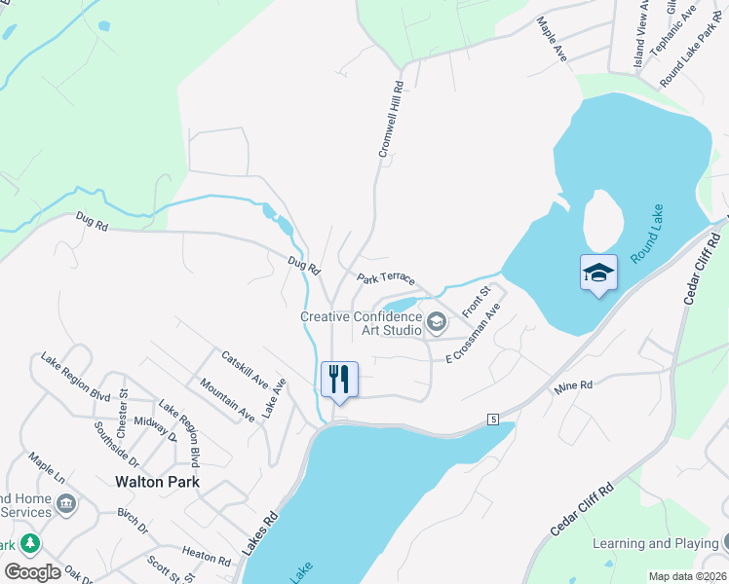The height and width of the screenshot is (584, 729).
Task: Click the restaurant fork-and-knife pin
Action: [x=339, y=379]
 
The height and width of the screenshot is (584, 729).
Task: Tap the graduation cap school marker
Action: [x=598, y=273]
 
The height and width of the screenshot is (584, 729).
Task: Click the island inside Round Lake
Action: [x=601, y=219]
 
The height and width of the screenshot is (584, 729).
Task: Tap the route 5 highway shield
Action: [x=495, y=419]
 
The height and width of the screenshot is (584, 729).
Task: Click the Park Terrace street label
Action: [x=386, y=278]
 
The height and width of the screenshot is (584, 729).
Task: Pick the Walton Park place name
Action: [x=157, y=481]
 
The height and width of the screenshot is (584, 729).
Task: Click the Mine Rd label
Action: [x=573, y=387]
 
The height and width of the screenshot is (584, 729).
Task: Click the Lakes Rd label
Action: [x=260, y=535]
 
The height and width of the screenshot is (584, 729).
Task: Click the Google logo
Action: [x=32, y=572]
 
